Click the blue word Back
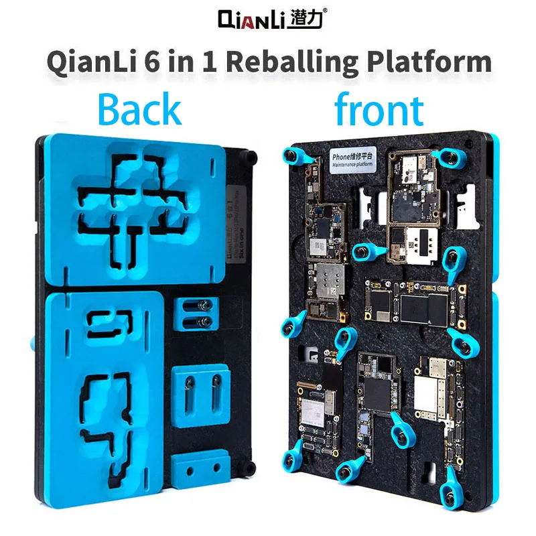pyautogui.click(x=139, y=110)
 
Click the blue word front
pyautogui.click(x=379, y=110)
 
